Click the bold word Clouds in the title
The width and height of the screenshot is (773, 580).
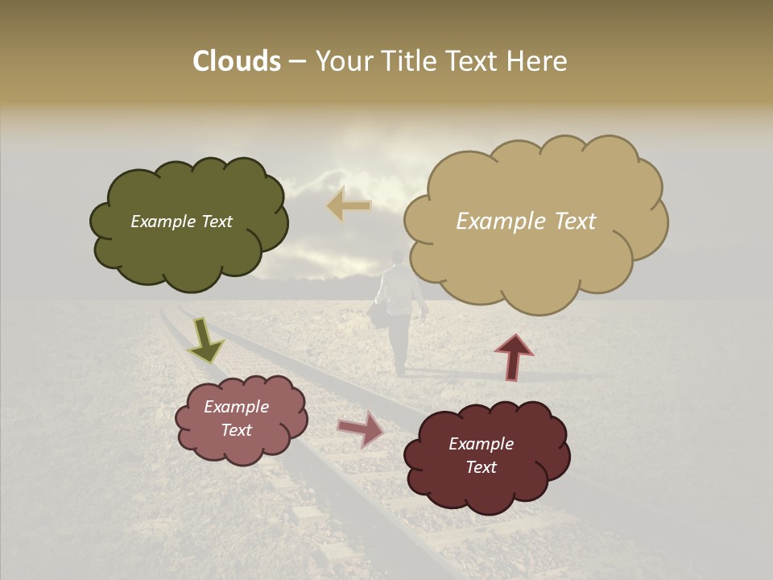pos(236,61)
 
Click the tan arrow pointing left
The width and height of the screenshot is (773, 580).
pos(349,205)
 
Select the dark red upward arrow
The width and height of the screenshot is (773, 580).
pos(514,357)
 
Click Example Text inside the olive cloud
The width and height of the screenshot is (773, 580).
pos(182,222)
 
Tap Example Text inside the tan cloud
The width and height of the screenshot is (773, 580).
pos(526,222)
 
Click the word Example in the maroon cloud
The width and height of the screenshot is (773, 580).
pos(481,444)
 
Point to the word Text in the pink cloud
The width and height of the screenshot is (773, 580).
pos(237,430)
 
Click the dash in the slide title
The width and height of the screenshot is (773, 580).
pos(297,62)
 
